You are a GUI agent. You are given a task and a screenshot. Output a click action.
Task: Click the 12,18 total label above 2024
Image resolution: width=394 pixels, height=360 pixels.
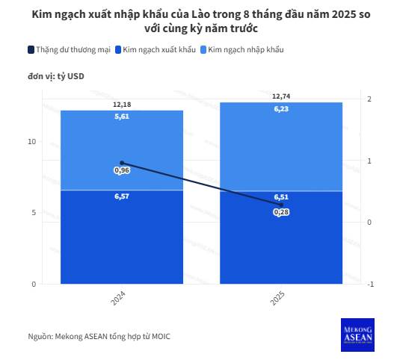(121, 105)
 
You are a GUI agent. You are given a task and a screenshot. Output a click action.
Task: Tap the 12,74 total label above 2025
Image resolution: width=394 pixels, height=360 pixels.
(281, 96)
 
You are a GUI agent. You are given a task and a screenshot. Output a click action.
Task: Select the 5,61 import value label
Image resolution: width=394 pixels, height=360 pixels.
(121, 117)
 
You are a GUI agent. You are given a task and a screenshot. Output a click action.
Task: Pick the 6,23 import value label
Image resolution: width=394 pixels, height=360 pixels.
(281, 108)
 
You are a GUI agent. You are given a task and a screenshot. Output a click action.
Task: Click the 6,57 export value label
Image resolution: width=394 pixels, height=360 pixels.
(121, 196)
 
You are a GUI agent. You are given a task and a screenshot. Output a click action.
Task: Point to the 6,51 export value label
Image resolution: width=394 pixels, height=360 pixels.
(281, 197)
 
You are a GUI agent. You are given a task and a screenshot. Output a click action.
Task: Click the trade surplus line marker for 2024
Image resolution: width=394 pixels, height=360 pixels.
(121, 163)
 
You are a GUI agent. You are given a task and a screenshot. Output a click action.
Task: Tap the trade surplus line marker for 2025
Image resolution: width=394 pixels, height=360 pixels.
(281, 205)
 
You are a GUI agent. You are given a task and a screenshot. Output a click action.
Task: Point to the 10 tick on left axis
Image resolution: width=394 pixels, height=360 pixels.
(31, 141)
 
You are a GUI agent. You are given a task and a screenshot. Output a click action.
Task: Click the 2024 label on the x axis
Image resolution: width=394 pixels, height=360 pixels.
(118, 298)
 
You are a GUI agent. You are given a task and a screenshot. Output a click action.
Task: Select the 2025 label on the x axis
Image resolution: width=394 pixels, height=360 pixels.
(277, 298)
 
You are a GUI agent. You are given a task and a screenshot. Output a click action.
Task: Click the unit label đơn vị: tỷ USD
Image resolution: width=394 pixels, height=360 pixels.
(56, 77)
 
